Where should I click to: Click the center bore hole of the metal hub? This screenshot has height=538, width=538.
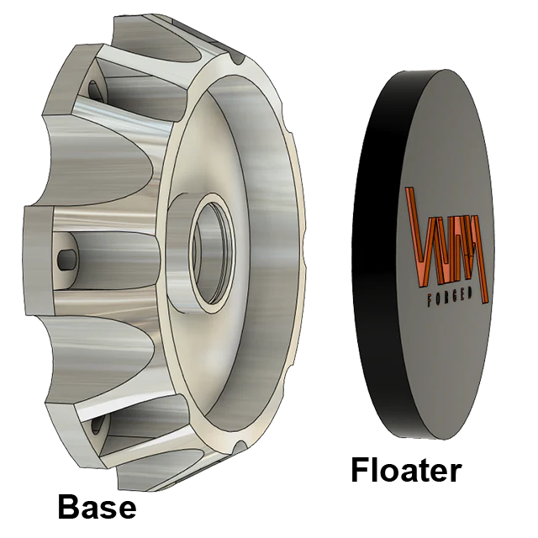click(214, 252)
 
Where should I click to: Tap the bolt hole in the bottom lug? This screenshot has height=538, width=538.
click(96, 425)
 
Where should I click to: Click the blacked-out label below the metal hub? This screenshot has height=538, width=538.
click(96, 507)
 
